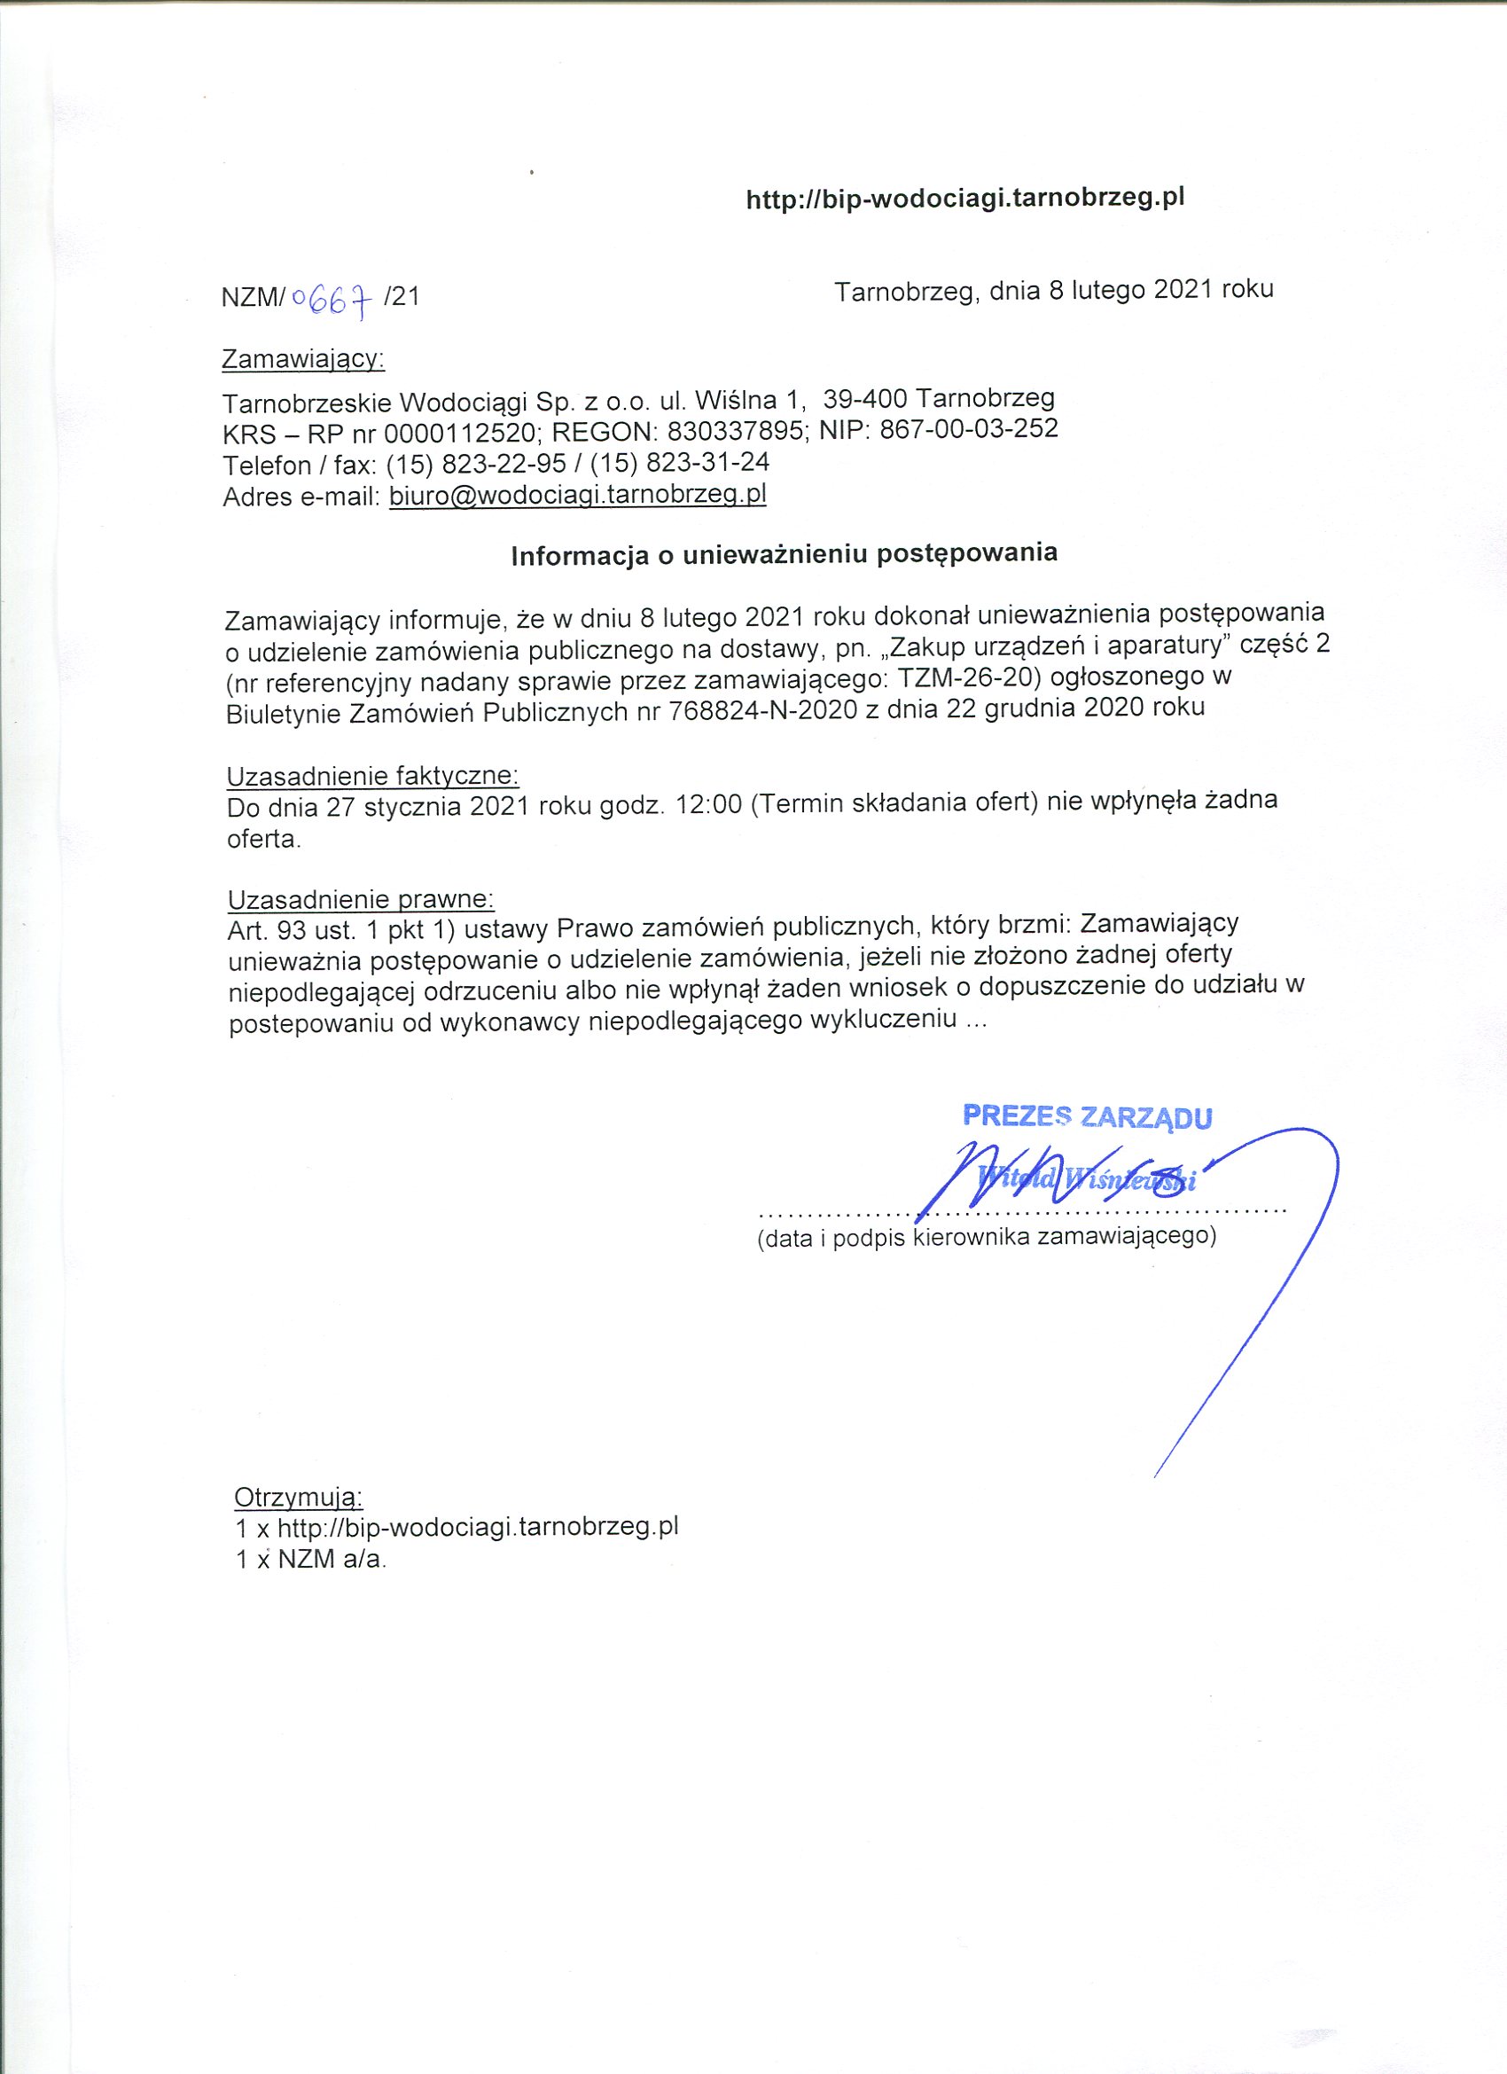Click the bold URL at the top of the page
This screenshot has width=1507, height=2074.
[964, 199]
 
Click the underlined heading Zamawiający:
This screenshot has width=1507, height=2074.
[302, 359]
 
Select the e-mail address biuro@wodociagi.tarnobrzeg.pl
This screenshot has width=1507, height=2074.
[577, 495]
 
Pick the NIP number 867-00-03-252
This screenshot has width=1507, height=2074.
[968, 428]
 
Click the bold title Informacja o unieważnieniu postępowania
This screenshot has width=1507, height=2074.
[784, 554]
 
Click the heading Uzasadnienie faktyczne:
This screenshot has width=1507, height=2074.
[372, 777]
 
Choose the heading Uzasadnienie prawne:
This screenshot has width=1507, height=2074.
[361, 899]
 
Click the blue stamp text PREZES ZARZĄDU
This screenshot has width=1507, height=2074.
[1088, 1116]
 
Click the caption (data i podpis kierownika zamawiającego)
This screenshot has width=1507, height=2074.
[987, 1238]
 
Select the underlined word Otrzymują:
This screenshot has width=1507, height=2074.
[298, 1497]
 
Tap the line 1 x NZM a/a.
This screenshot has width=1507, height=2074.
[311, 1559]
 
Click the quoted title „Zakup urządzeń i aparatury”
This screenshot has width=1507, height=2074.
[1051, 646]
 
